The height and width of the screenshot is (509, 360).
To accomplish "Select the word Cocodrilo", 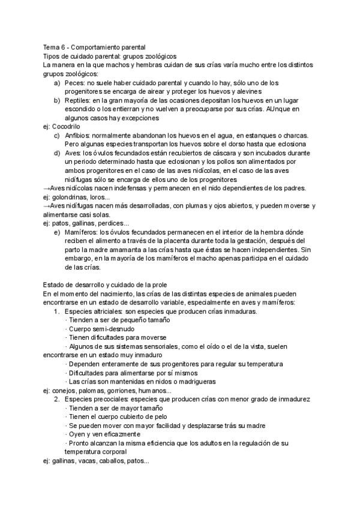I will click(66, 127).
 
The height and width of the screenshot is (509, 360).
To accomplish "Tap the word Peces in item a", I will click(75, 82).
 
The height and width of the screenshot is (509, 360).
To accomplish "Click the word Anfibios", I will click(79, 136).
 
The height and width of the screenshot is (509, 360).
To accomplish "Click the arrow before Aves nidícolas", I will click(47, 188).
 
